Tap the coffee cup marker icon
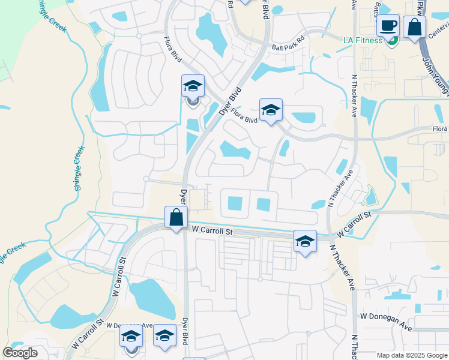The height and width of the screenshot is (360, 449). [x=388, y=26]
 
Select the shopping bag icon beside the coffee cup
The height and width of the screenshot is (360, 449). [x=414, y=28]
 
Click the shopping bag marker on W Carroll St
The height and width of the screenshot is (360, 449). [x=176, y=217]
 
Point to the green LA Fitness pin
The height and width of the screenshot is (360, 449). [x=393, y=41]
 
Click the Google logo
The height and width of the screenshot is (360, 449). [x=20, y=353]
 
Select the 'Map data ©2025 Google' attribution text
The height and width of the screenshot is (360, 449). [x=411, y=355]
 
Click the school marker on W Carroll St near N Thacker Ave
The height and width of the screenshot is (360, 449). [x=305, y=241]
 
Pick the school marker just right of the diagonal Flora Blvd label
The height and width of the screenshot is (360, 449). [x=271, y=110]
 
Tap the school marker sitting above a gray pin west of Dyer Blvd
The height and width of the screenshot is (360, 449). [x=193, y=86]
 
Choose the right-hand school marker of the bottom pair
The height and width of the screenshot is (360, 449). [x=164, y=336]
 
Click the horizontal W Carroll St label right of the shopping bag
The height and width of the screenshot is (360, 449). [x=213, y=230]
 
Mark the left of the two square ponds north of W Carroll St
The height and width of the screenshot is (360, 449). [x=235, y=204]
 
